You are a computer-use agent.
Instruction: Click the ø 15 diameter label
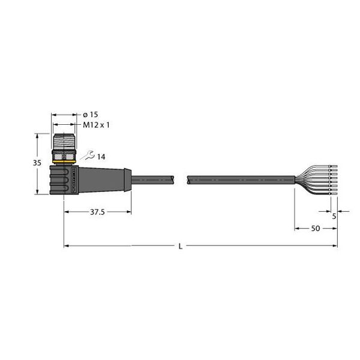click(x=90, y=115)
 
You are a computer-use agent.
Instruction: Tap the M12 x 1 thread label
click(x=96, y=125)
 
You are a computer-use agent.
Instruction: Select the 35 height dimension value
click(x=37, y=163)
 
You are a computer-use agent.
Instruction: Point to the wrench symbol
click(x=88, y=155)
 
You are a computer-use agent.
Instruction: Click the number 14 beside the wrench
click(x=101, y=157)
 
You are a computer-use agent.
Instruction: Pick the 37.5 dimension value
click(x=97, y=212)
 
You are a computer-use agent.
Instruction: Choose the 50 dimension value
click(x=316, y=228)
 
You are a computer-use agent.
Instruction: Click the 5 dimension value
click(x=334, y=216)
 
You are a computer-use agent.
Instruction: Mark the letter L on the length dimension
click(x=181, y=247)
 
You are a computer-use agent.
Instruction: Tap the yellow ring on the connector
click(x=64, y=162)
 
